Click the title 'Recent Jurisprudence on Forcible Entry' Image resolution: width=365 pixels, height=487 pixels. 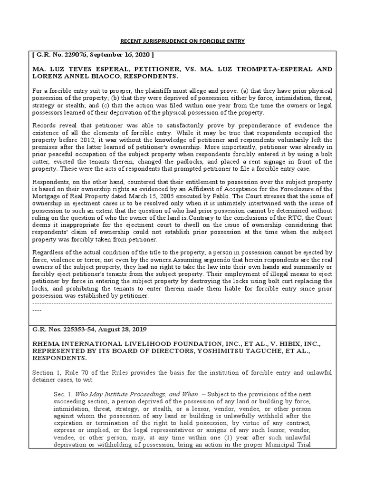click(x=182, y=40)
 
